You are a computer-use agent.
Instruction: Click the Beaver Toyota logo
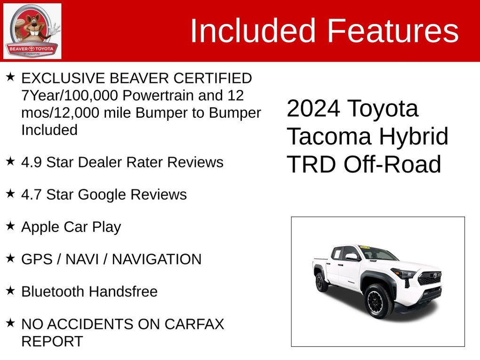coord(32,31)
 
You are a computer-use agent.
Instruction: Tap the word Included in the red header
coord(253,31)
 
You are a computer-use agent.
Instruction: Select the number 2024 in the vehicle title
coord(313,108)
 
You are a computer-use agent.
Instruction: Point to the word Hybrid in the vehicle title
coord(414,136)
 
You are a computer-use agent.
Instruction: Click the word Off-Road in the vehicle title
coord(392,164)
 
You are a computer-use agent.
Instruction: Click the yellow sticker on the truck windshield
coord(365,247)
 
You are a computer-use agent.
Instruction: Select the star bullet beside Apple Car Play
coord(10,226)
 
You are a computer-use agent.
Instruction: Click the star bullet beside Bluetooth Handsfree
coord(10,290)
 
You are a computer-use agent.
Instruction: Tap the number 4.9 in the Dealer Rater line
coord(32,162)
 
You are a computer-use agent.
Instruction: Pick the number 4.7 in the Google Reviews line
coord(32,195)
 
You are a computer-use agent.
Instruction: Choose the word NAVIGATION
coord(157,259)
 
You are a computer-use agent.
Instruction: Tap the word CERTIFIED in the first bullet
coord(213,79)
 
